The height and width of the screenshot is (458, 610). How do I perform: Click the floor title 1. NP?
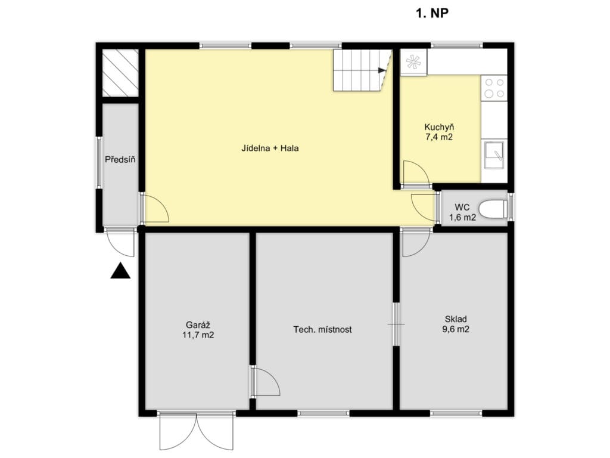(432, 13)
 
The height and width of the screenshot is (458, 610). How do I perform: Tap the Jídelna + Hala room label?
(270, 148)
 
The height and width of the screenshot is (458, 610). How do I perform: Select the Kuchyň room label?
(439, 127)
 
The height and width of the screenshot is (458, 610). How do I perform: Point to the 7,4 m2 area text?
(439, 137)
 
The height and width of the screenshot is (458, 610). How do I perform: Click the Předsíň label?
(120, 159)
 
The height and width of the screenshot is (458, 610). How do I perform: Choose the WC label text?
(462, 207)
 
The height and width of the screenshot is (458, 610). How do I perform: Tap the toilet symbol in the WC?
(493, 209)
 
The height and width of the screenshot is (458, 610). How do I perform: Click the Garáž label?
(198, 325)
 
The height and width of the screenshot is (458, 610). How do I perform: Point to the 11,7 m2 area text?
(198, 335)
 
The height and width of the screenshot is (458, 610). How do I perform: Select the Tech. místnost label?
(322, 329)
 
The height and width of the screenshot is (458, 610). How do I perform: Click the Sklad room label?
(456, 319)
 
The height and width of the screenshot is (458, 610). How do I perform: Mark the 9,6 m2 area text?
(456, 329)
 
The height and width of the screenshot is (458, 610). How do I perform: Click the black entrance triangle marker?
(120, 270)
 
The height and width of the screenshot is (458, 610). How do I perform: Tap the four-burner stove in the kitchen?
(494, 88)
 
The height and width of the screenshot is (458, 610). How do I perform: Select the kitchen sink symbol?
(494, 155)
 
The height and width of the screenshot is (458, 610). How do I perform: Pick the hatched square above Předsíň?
(120, 73)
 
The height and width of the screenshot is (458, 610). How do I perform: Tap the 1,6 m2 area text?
(462, 217)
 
